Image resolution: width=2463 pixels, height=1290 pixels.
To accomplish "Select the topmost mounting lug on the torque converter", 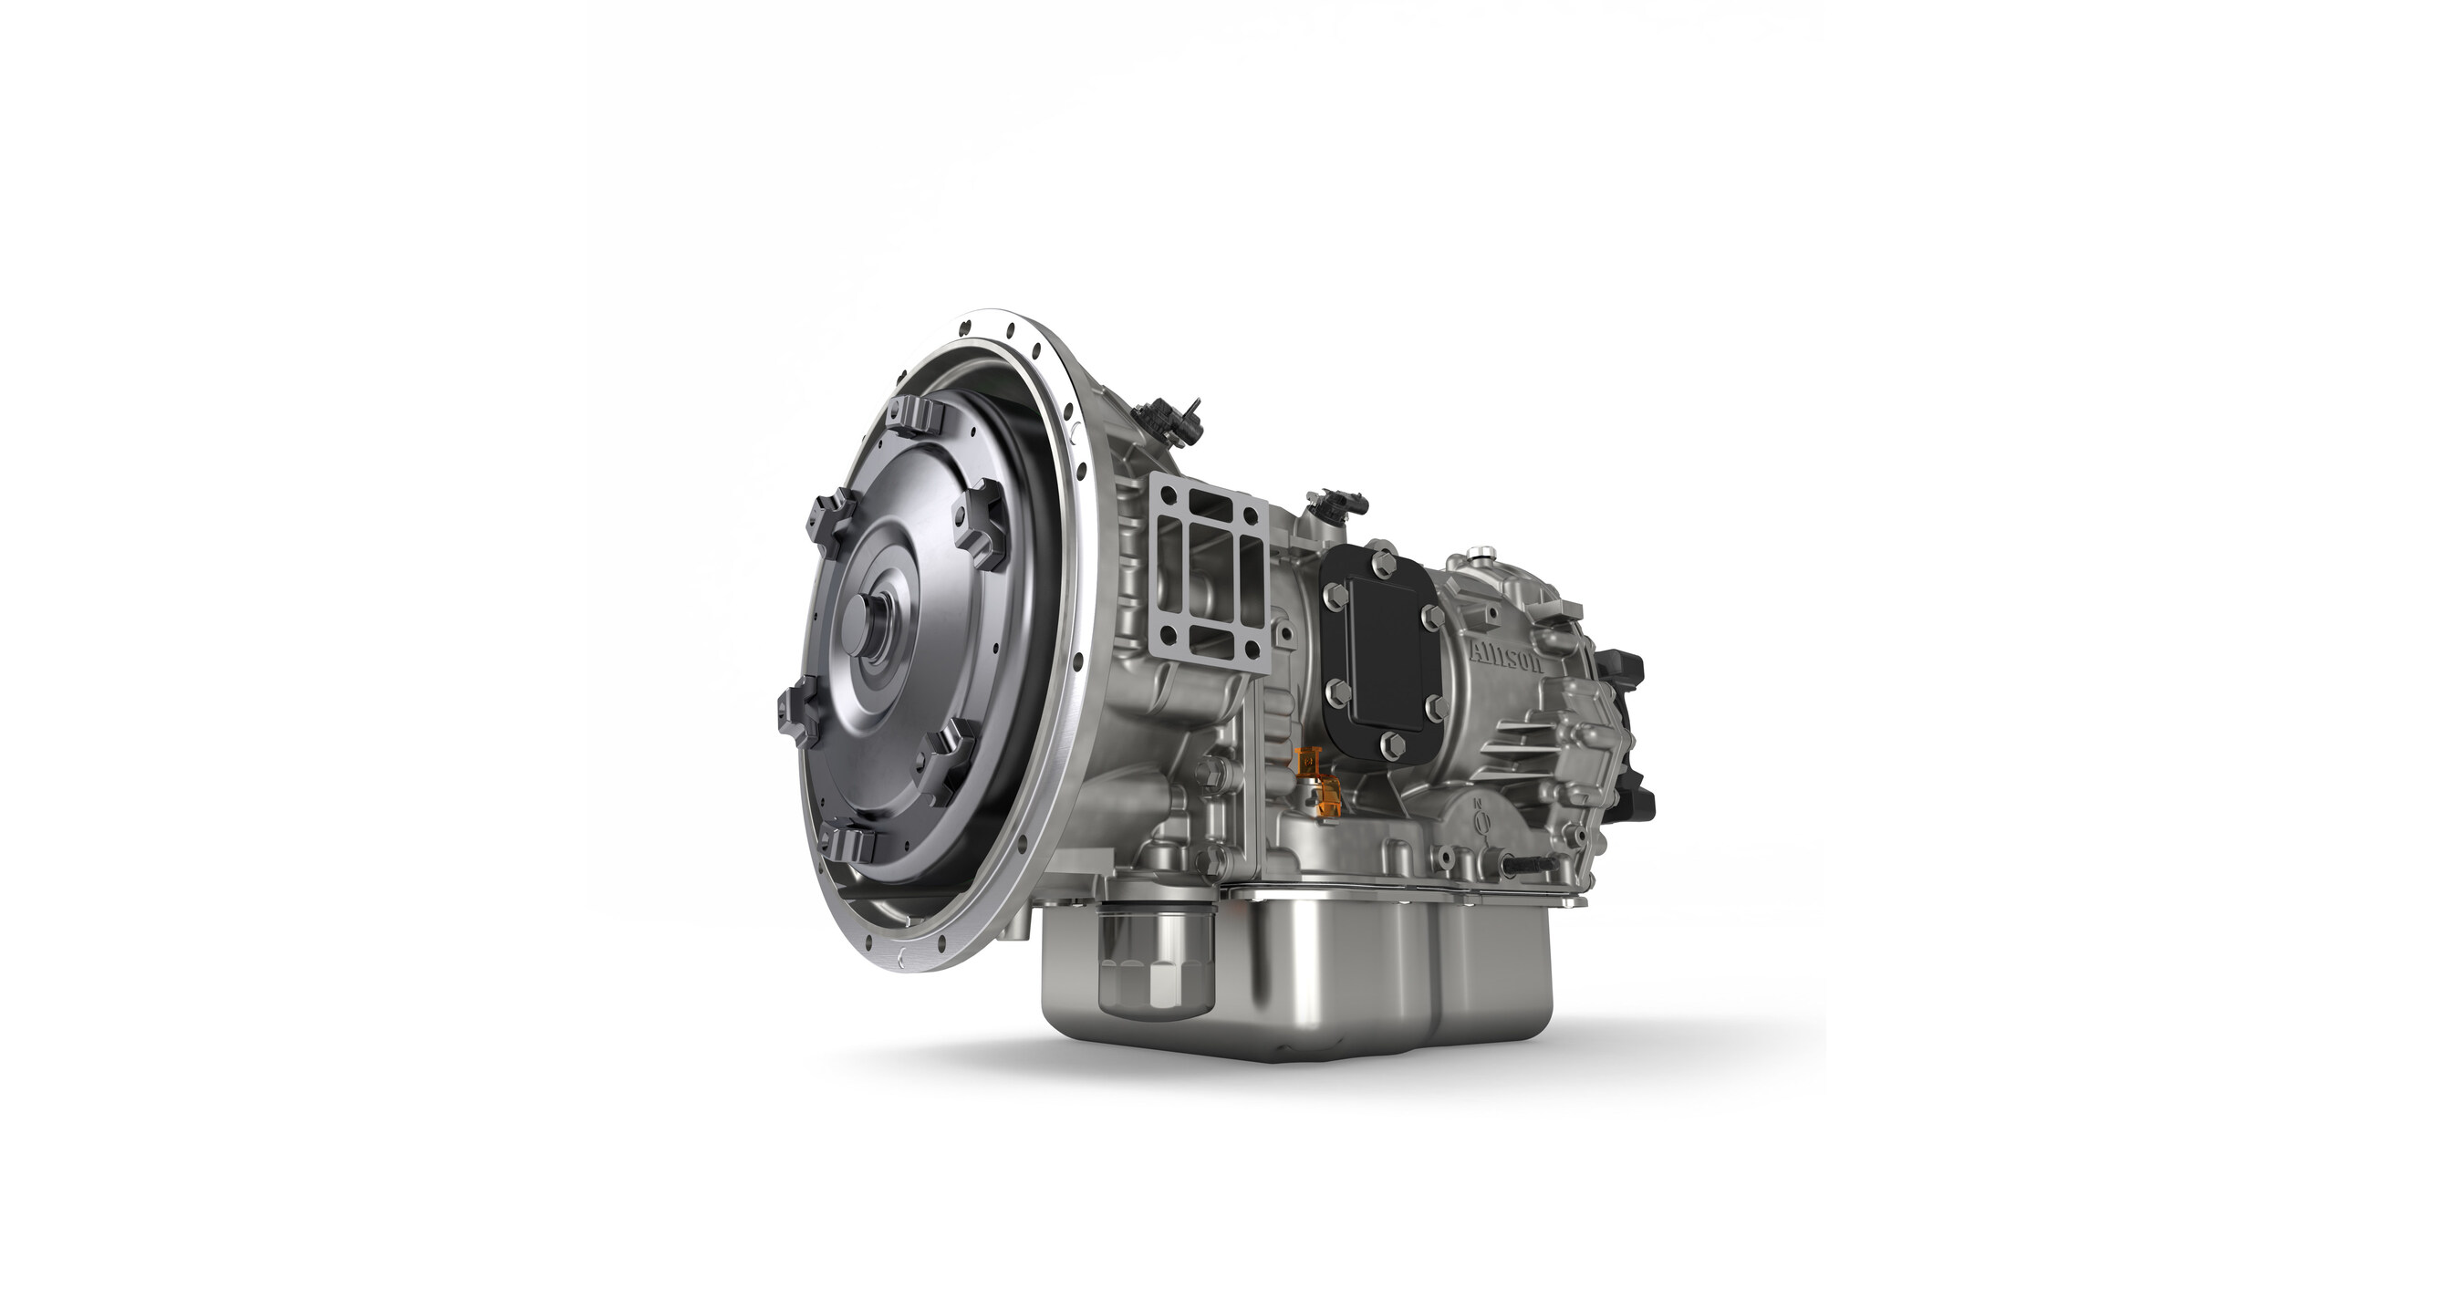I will pos(915,420).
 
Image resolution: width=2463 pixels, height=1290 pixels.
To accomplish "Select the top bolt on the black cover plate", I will pos(1381,561).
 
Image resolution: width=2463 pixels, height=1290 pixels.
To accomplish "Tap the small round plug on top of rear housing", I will pos(1483,552).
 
